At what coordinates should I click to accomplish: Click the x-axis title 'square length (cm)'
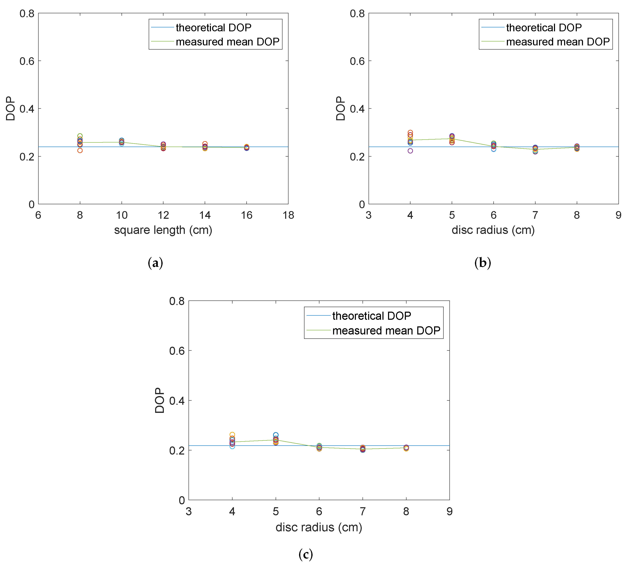pos(163,230)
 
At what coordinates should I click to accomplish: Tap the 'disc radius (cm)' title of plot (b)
pos(493,230)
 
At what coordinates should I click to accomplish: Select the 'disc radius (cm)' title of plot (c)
pos(319,527)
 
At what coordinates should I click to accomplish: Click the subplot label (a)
pos(155,263)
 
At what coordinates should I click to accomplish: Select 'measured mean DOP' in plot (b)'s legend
pos(558,42)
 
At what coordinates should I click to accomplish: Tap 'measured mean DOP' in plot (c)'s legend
pos(386,331)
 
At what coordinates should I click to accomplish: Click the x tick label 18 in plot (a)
pos(288,215)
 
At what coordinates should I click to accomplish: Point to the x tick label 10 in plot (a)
pos(122,215)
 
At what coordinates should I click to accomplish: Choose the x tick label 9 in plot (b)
pos(618,215)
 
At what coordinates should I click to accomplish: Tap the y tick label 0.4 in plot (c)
pos(177,401)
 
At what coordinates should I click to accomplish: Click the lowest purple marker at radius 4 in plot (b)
pos(410,151)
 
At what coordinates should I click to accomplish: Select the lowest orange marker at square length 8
pos(80,150)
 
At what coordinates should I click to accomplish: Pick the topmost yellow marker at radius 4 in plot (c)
pos(232,434)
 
